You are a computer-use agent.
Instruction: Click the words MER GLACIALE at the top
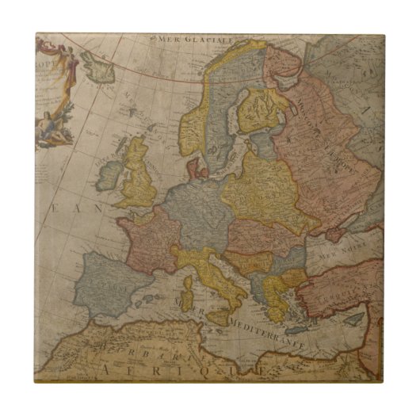coord(193,39)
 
